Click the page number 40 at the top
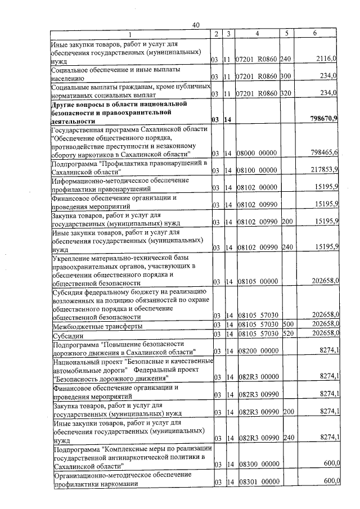[x=196, y=24]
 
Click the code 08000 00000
[x=256, y=153]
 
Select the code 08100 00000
[x=256, y=170]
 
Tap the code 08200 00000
[x=256, y=352]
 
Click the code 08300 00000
[x=256, y=464]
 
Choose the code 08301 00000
[x=256, y=482]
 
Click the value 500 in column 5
[x=288, y=326]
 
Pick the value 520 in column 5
[x=288, y=335]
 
